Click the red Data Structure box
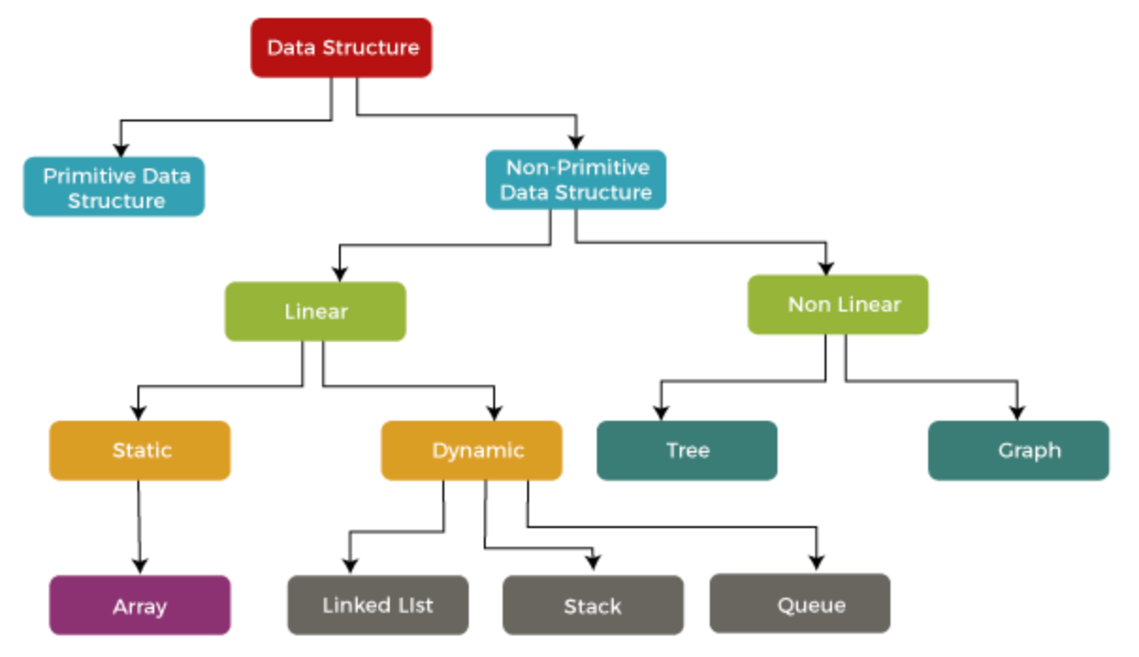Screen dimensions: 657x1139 (341, 48)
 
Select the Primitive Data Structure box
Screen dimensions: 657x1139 (114, 187)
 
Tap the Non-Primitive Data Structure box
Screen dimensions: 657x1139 (575, 180)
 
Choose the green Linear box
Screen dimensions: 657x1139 (315, 312)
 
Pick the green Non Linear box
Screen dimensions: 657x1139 (838, 305)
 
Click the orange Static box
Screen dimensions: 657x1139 (139, 451)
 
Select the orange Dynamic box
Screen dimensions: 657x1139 (472, 451)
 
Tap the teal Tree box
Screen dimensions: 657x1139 (687, 451)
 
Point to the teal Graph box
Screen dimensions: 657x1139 (1019, 451)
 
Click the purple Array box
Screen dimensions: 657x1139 (139, 606)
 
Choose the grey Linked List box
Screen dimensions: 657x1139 (377, 605)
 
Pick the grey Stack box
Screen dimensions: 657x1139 (593, 606)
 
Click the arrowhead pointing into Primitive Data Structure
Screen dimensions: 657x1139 (120, 149)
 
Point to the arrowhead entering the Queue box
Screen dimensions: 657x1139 (817, 564)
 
